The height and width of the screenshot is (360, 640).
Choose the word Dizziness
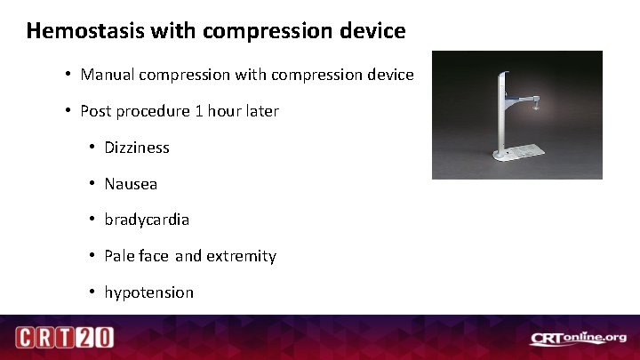(137, 148)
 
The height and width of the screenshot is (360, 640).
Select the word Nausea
(131, 184)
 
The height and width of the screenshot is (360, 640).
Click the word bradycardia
(147, 220)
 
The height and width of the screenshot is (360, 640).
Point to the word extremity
(241, 256)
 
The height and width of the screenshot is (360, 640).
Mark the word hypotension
(148, 292)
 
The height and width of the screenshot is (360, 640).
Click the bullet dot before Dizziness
(92, 148)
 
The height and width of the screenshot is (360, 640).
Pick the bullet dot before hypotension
(92, 292)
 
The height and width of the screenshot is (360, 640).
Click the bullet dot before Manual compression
(68, 75)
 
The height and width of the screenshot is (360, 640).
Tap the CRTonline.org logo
(578, 338)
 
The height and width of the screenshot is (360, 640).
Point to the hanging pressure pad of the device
(540, 107)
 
